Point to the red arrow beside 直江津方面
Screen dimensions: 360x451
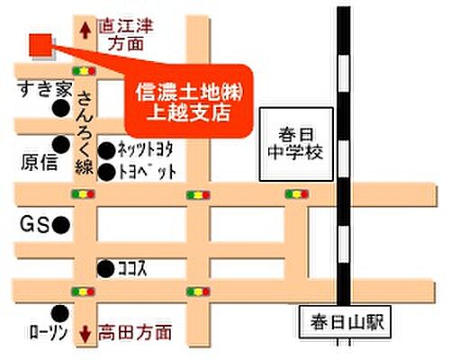[x=85, y=30]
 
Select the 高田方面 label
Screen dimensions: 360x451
[x=135, y=333]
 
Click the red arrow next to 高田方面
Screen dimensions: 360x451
[x=85, y=333]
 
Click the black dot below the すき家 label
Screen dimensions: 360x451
[x=60, y=109]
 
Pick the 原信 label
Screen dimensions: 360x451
[x=37, y=162]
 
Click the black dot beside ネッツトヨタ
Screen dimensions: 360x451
[x=106, y=150]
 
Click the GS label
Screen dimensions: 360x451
[x=34, y=223]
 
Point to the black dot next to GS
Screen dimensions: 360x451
[x=60, y=223]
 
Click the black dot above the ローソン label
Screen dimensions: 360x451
[x=61, y=311]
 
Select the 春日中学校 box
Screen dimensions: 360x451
[x=296, y=144]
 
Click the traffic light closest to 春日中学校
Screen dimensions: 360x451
[x=295, y=193]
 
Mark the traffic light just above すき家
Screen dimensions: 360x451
[x=85, y=69]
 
